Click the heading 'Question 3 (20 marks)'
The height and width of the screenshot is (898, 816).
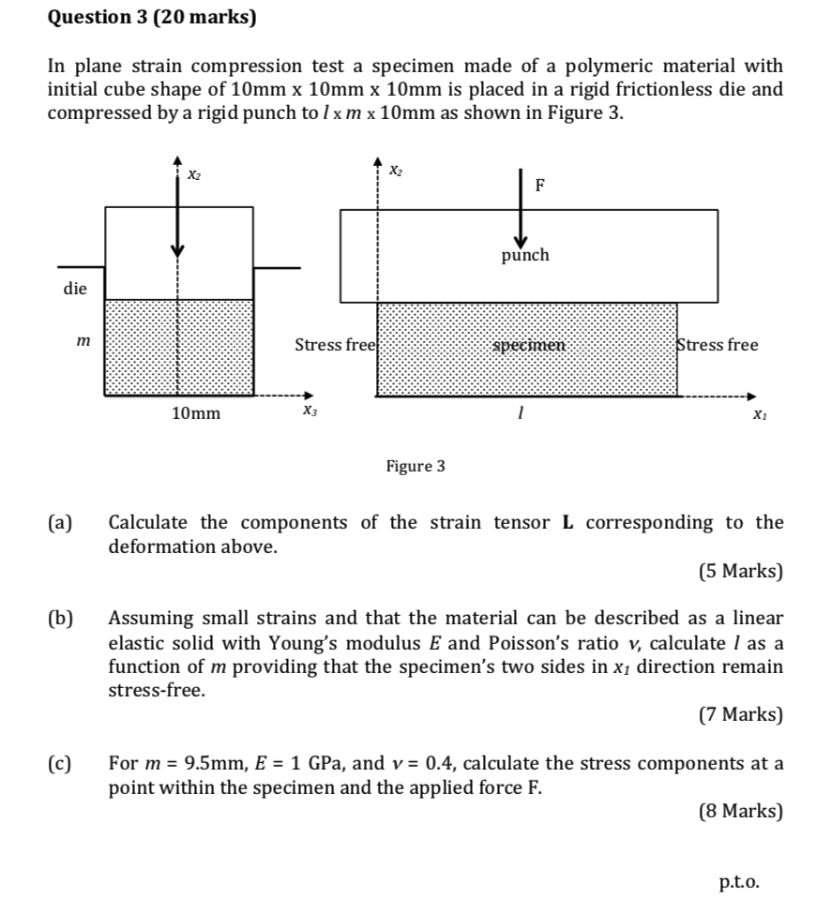pos(153,17)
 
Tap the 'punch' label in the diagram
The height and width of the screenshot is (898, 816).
pos(524,255)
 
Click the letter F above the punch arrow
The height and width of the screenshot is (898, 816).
pos(539,186)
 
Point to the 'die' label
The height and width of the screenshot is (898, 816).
pos(75,289)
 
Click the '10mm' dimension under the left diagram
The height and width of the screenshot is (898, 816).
pos(196,413)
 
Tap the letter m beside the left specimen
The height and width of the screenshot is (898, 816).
pos(83,344)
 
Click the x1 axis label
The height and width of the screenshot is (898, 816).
pos(758,413)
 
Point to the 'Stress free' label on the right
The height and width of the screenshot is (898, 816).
pos(718,345)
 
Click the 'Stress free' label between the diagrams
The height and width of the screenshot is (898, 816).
pos(335,345)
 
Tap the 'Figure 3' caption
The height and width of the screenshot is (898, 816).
pos(416,466)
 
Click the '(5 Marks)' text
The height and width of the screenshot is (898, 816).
pos(740,571)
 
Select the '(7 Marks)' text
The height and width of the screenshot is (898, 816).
pos(740,715)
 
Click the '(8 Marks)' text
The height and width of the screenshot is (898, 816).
pos(740,812)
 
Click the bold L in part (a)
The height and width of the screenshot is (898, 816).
pos(567,523)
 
